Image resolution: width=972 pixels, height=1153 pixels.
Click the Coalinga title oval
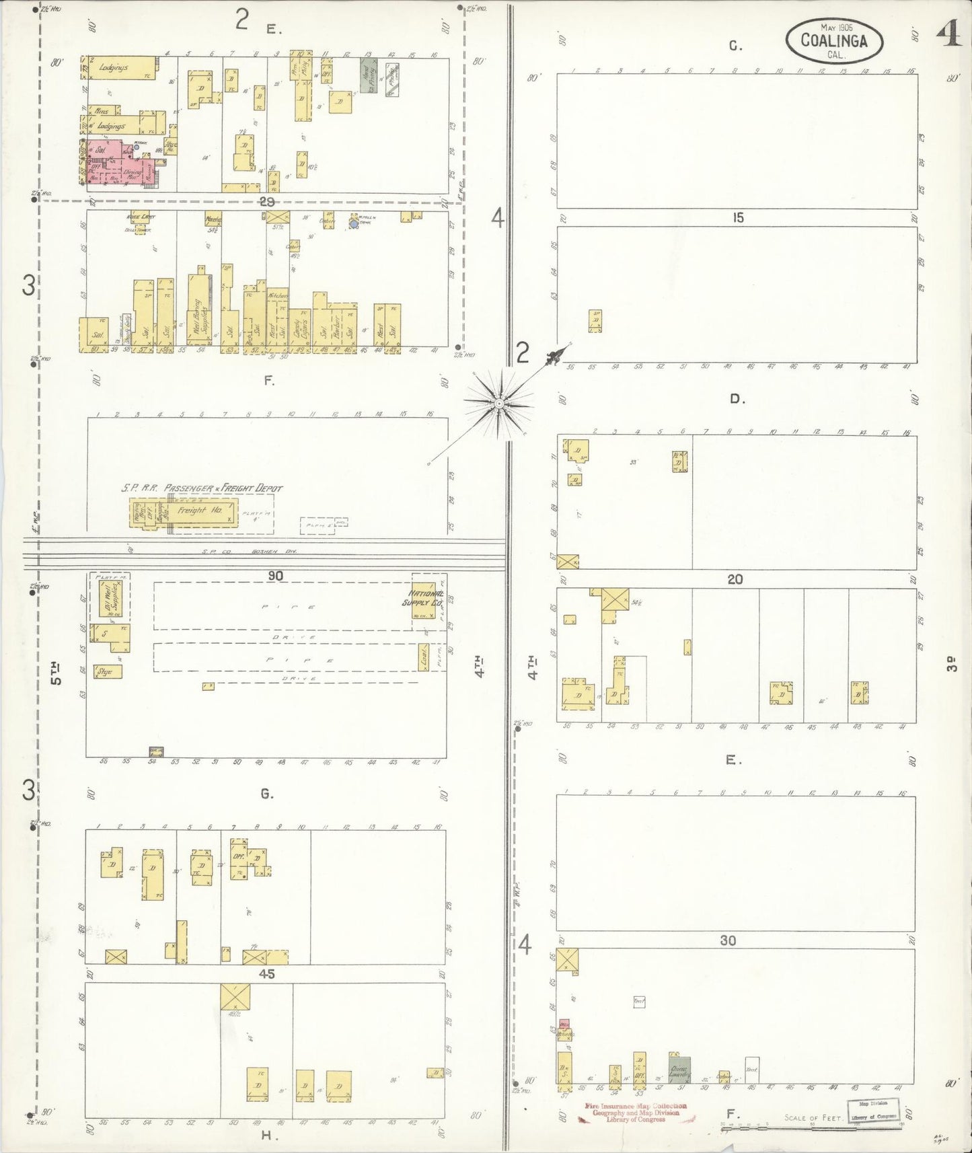tap(833, 40)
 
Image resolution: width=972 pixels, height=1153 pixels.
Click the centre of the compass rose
tap(499, 404)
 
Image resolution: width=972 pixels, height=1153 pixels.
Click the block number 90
tap(275, 576)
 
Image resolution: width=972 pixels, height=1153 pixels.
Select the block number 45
tap(267, 973)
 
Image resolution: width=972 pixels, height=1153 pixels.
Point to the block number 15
tap(738, 218)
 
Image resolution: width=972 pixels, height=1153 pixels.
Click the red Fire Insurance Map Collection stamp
tap(636, 1113)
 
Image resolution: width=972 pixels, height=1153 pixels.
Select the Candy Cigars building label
tap(300, 330)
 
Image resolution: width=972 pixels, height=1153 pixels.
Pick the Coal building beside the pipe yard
tap(425, 661)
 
